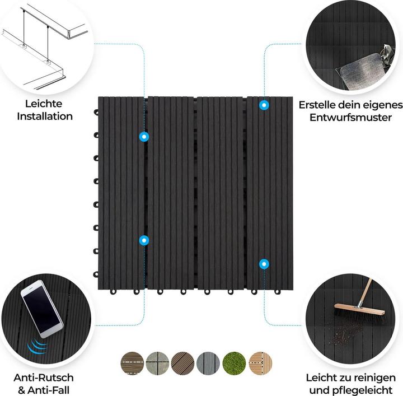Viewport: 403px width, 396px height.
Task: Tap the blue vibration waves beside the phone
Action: [36, 347]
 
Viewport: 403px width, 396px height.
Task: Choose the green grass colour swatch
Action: [233, 362]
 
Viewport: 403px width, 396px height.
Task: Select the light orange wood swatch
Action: [259, 362]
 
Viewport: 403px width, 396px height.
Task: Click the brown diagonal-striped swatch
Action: [182, 362]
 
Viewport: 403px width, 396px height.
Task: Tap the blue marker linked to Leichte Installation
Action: [144, 136]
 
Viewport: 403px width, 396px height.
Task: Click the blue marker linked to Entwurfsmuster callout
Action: [264, 105]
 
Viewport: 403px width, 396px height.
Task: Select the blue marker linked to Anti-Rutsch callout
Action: [144, 240]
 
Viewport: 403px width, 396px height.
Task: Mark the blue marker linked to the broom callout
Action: [264, 264]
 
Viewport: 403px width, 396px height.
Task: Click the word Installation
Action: [44, 117]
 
